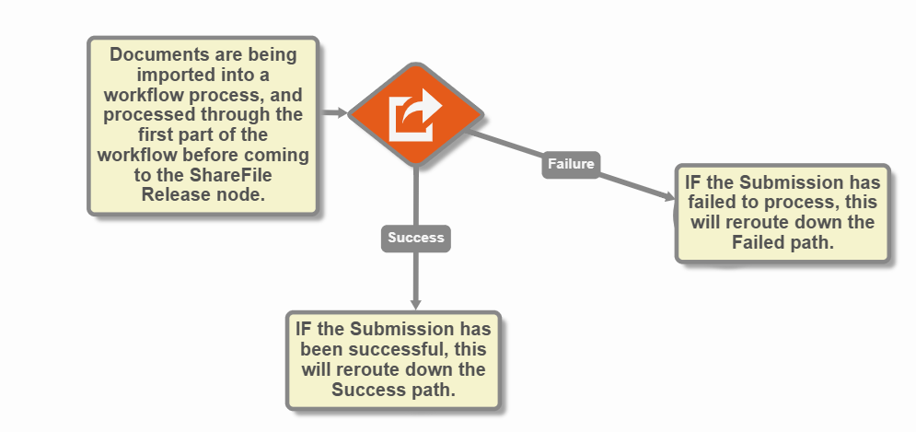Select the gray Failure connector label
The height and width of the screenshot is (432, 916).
(571, 164)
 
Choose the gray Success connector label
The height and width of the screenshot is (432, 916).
(416, 238)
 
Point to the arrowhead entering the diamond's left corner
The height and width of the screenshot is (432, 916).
(342, 113)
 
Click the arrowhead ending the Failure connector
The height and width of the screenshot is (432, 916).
(668, 195)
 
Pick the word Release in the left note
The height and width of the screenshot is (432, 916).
(173, 193)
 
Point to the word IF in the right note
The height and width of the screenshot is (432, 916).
(694, 182)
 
